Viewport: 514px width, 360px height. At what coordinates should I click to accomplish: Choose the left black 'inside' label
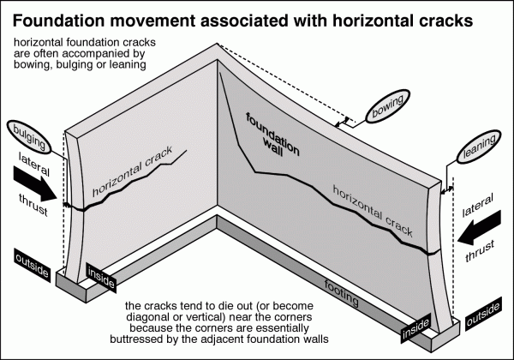(x=99, y=273)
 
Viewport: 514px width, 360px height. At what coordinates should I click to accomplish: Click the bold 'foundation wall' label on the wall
(x=276, y=135)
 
